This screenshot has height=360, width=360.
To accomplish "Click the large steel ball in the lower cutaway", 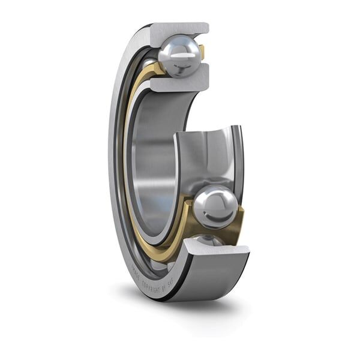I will point(215,207).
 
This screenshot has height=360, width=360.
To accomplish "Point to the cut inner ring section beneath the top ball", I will point(180,81).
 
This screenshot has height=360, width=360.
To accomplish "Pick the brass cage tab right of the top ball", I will point(202,53).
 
